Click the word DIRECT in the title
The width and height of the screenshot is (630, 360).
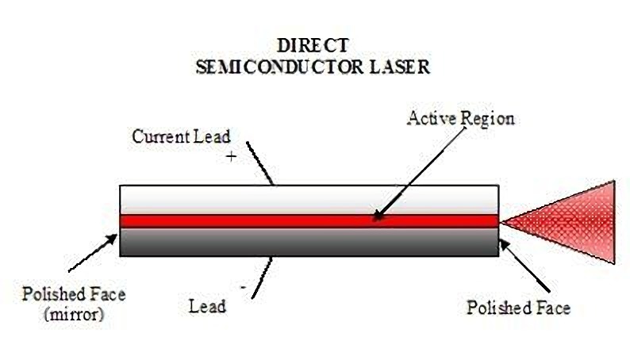(313, 45)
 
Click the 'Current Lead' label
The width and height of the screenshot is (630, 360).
(182, 136)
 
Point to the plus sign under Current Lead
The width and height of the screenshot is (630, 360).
(232, 156)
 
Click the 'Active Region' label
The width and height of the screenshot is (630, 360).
(460, 119)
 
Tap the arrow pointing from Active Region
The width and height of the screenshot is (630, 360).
(413, 174)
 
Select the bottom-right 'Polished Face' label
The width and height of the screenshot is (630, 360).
(518, 307)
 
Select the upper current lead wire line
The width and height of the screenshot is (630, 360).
(259, 163)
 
